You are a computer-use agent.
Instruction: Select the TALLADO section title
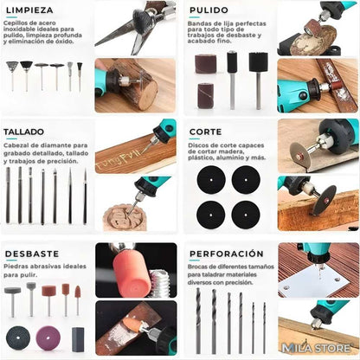click(x=24, y=132)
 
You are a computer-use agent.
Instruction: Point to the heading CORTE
click(x=205, y=132)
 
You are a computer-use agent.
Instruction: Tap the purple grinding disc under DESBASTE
click(x=48, y=337)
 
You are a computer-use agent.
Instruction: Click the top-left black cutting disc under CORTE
click(x=210, y=179)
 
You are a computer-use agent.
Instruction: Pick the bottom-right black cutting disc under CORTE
click(x=246, y=213)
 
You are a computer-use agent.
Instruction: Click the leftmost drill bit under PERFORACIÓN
click(x=198, y=320)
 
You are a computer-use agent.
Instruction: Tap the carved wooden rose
click(x=124, y=217)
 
